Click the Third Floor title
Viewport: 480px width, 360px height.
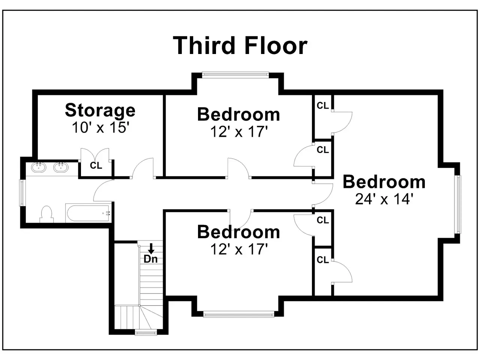240,45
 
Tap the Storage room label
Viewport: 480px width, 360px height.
100,111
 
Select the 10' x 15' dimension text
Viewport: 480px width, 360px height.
100,127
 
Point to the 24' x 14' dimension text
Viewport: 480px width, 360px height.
384,199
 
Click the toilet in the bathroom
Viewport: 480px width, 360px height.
46,214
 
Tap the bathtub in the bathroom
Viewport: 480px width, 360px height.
88,213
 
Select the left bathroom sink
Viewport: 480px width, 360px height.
39,168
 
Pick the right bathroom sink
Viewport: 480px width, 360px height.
61,168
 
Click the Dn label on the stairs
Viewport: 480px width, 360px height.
151,259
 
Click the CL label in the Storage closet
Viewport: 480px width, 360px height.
96,165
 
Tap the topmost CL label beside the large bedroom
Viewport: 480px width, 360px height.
323,106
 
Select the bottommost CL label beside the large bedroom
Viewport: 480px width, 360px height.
323,260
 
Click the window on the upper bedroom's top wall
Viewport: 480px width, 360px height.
235,75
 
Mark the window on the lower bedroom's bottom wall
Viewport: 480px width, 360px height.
238,315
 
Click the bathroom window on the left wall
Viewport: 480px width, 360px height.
22,193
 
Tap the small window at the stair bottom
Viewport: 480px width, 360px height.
146,333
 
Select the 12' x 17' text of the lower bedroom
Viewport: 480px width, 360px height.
239,249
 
